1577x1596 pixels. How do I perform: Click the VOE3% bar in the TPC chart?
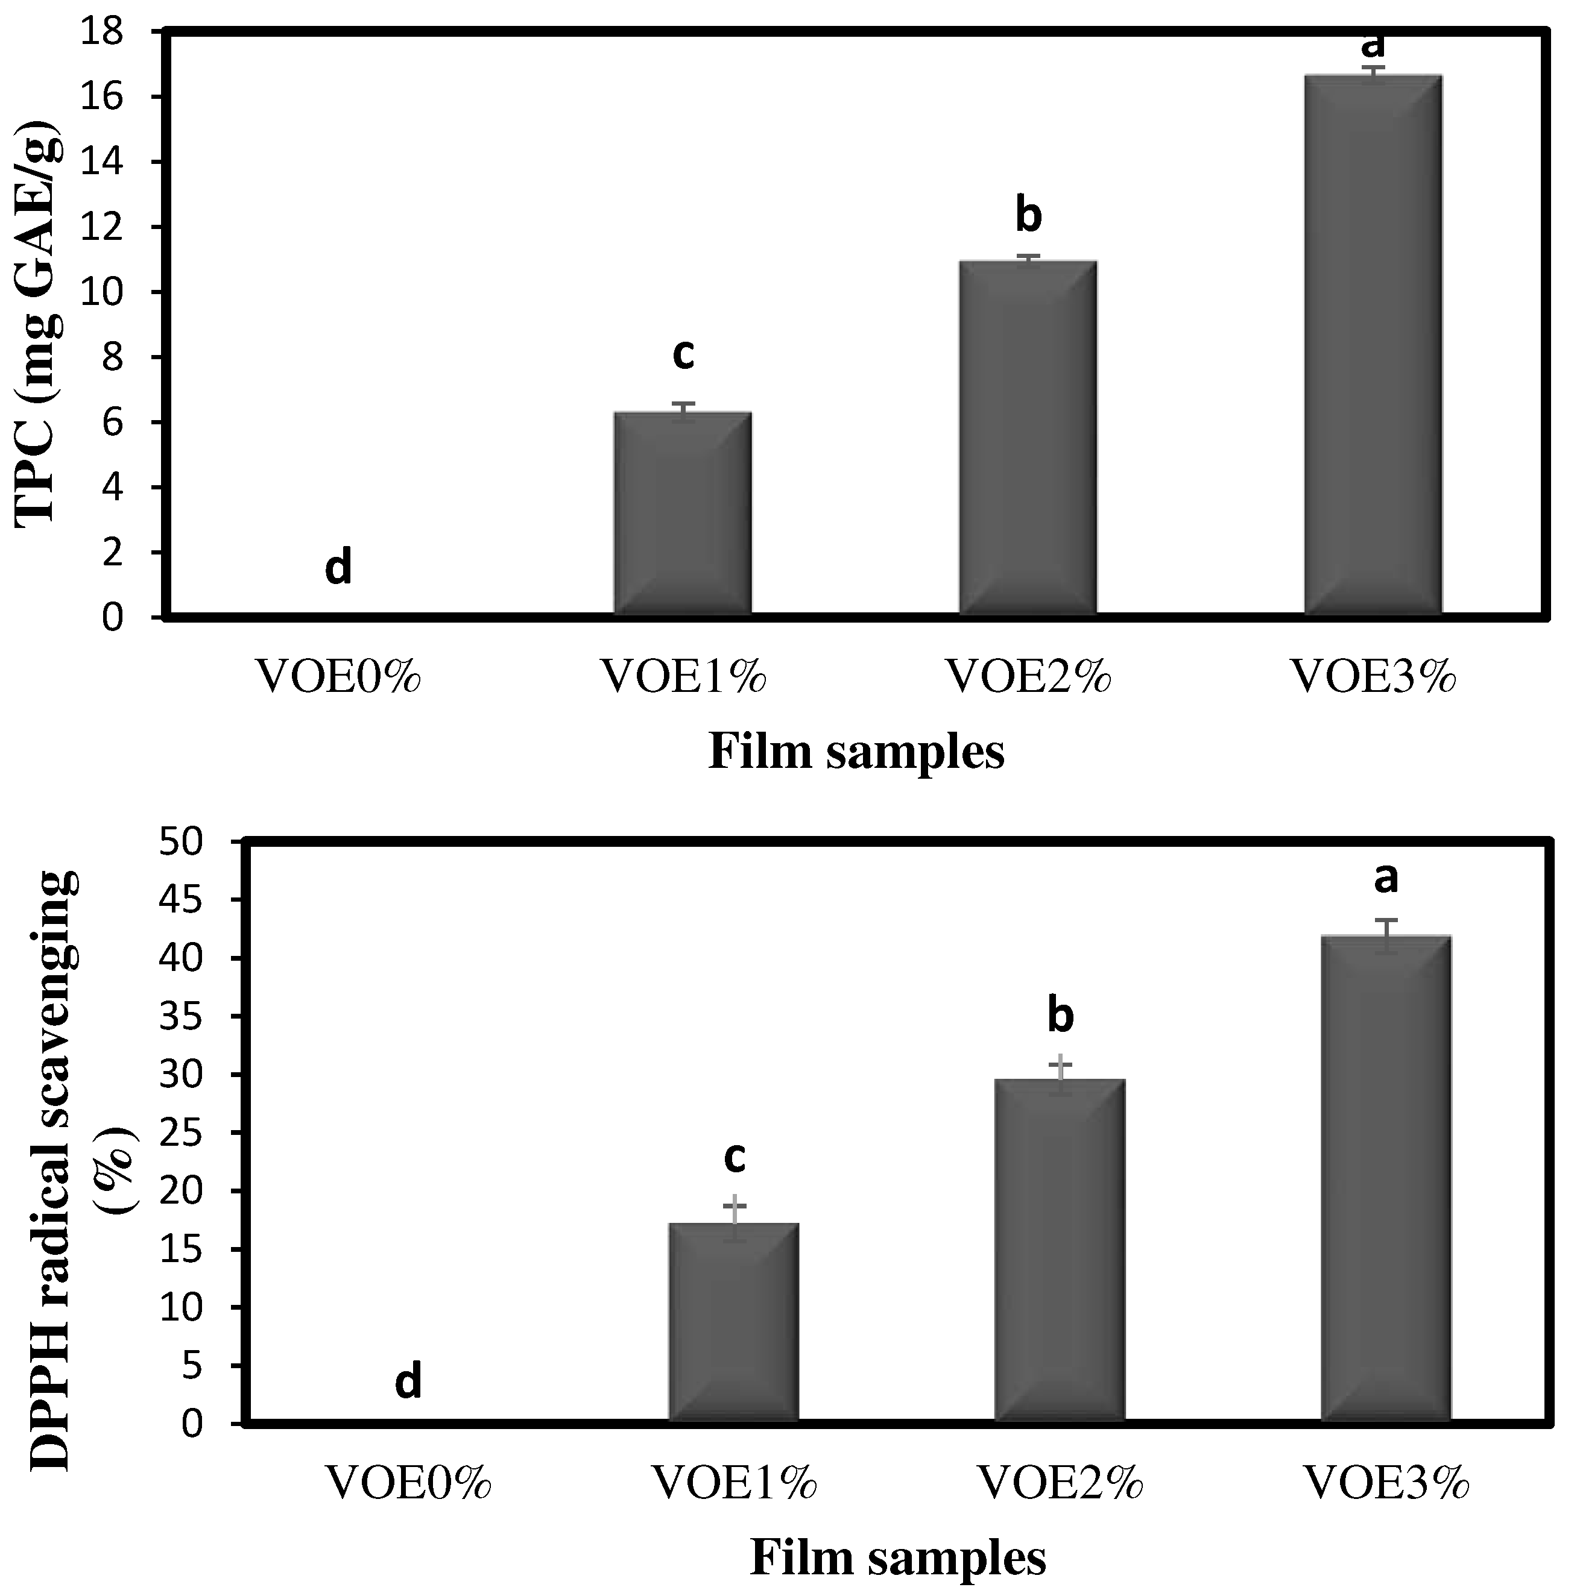pyautogui.click(x=1373, y=347)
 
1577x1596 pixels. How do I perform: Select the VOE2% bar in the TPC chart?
pyautogui.click(x=1028, y=438)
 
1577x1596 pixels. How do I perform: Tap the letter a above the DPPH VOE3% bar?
pyautogui.click(x=1386, y=878)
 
